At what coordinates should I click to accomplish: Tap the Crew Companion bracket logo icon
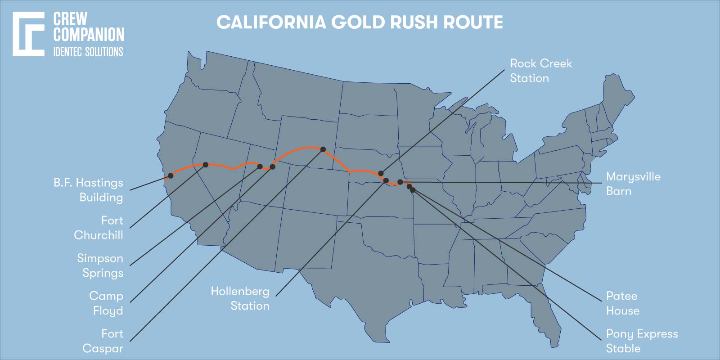[28, 34]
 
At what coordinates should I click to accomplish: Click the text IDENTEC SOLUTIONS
[88, 52]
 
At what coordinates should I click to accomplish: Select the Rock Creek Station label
[540, 71]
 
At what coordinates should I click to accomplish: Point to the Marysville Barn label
[633, 184]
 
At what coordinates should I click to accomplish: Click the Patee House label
[622, 303]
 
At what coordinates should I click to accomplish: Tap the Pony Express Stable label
[641, 341]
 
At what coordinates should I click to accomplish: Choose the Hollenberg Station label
[241, 298]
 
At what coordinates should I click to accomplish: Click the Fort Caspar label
[103, 341]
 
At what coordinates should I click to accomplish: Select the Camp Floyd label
[106, 303]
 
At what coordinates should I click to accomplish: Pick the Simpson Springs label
[100, 265]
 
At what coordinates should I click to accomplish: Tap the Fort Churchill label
[99, 228]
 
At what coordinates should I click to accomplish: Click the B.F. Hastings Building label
[89, 190]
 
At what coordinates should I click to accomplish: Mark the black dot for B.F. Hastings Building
[171, 175]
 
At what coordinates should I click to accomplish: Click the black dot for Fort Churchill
[206, 165]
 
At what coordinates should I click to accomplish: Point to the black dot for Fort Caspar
[323, 149]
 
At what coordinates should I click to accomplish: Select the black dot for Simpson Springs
[260, 166]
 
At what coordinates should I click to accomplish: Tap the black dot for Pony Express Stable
[413, 190]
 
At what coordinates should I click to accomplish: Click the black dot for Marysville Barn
[400, 182]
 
